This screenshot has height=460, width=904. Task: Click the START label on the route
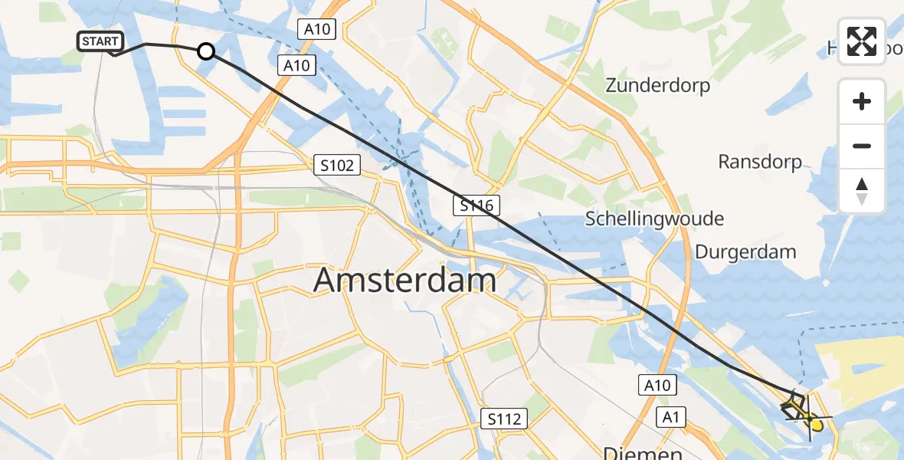pos(100,41)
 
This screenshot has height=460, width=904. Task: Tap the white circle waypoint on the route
pos(206,51)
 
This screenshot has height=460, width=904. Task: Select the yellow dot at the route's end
pos(817,425)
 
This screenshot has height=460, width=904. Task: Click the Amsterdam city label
pos(405,281)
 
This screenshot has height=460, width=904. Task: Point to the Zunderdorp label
pos(657,85)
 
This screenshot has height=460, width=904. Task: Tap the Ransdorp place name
pos(759,162)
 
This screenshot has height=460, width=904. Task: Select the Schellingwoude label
pos(654,219)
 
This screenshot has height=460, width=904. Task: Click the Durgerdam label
pos(745,251)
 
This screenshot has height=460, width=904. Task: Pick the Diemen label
pos(642,452)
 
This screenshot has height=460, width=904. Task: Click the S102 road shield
pos(336,165)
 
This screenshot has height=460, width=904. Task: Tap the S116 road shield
pos(476,205)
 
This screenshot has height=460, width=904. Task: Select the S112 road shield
pos(504,419)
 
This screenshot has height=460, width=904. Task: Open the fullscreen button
pos(862,41)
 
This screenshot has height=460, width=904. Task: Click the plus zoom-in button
pos(862,101)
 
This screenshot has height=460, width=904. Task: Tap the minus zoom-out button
pos(862,146)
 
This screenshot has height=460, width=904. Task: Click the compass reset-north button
pos(862,191)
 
